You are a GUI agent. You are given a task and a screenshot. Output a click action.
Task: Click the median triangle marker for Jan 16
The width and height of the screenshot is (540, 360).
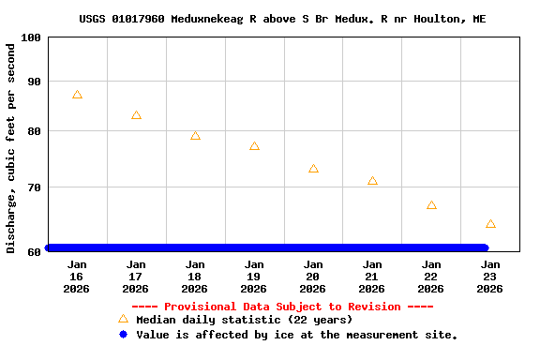pyautogui.click(x=77, y=95)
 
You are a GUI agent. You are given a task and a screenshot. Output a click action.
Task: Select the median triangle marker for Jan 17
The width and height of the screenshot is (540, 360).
pyautogui.click(x=136, y=115)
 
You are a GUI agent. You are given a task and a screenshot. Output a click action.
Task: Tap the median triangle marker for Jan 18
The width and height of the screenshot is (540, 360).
pyautogui.click(x=195, y=136)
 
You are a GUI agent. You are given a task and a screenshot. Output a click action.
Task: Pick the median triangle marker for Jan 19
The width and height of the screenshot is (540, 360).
pyautogui.click(x=254, y=146)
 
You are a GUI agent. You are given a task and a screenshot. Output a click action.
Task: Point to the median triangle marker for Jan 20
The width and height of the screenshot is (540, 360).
pyautogui.click(x=313, y=169)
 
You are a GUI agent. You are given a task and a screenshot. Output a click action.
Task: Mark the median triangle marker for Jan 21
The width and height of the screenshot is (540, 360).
pyautogui.click(x=372, y=181)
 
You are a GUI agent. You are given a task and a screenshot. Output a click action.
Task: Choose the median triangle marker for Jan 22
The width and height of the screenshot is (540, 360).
pyautogui.click(x=431, y=205)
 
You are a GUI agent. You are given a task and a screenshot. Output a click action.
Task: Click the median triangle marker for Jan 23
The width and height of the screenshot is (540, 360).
pyautogui.click(x=490, y=224)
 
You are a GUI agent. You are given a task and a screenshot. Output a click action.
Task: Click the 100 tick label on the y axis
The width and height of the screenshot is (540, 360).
pyautogui.click(x=31, y=37)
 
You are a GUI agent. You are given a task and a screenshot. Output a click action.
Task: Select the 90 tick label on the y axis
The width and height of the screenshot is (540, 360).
pyautogui.click(x=34, y=82)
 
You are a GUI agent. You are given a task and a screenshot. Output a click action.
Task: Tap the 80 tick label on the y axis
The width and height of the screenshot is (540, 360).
pyautogui.click(x=34, y=131)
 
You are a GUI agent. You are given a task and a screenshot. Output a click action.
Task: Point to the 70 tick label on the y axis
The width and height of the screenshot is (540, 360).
pyautogui.click(x=34, y=187)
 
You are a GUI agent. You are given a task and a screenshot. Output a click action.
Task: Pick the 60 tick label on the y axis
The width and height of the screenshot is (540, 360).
pyautogui.click(x=34, y=251)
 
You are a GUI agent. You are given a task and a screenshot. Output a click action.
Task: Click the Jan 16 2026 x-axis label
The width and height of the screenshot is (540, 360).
pyautogui.click(x=77, y=277)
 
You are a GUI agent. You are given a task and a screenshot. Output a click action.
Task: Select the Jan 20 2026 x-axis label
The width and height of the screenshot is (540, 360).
pyautogui.click(x=313, y=277)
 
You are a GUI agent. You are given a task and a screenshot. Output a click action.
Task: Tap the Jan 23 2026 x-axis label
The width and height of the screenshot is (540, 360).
pyautogui.click(x=490, y=277)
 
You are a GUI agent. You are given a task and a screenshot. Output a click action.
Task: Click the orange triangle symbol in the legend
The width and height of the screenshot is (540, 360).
pyautogui.click(x=123, y=319)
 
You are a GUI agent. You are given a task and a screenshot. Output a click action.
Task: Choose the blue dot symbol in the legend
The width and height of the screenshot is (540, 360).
pyautogui.click(x=123, y=334)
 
